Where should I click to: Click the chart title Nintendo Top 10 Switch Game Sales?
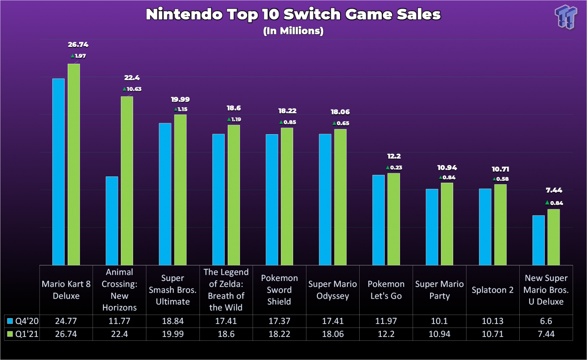[293, 14]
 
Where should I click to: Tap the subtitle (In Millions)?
[293, 31]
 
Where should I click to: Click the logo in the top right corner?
[566, 17]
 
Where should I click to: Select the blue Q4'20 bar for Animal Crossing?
[112, 221]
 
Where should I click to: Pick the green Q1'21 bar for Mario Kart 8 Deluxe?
[74, 164]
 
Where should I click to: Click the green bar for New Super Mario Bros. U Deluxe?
[553, 237]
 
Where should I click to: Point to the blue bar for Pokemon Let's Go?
[378, 220]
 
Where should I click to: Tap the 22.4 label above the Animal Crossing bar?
[132, 78]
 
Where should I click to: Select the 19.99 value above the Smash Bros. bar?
[180, 100]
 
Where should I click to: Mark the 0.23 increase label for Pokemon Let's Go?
[394, 167]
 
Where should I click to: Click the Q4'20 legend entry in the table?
[23, 321]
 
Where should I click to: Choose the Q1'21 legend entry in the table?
[23, 334]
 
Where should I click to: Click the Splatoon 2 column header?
[492, 290]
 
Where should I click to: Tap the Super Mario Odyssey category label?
[333, 290]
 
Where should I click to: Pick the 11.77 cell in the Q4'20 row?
[119, 321]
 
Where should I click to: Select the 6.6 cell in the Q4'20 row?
[546, 321]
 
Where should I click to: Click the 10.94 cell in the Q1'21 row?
[439, 334]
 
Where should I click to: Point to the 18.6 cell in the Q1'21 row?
[226, 334]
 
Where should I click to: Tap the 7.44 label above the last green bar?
[554, 191]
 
